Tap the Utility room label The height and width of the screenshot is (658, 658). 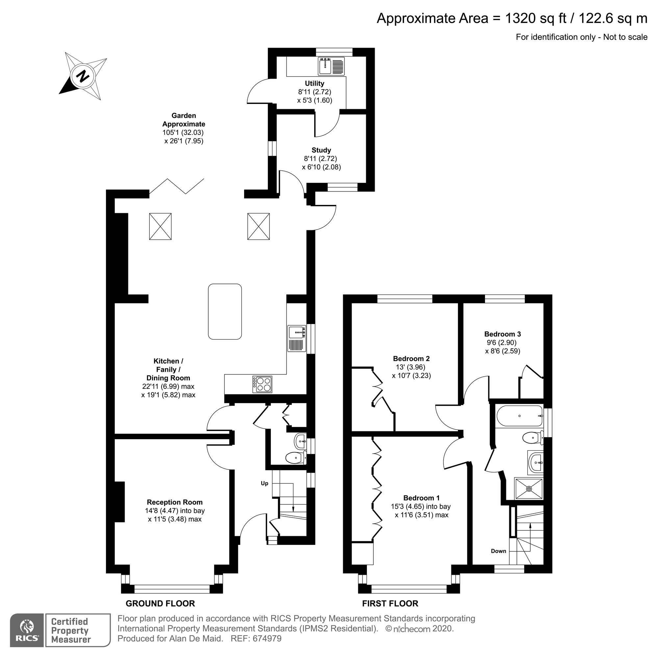(x=314, y=84)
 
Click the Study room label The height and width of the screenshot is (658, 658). (x=321, y=150)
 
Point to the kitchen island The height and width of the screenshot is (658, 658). (x=225, y=312)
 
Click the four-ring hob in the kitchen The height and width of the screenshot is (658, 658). (x=262, y=384)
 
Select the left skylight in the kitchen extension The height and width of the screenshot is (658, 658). (x=160, y=226)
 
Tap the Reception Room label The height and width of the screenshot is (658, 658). (x=175, y=502)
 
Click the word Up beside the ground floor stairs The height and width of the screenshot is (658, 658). (x=264, y=483)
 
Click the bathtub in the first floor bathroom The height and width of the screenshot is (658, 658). (x=519, y=416)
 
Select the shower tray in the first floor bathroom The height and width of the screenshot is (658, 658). (x=529, y=489)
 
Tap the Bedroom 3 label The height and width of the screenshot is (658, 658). (x=502, y=334)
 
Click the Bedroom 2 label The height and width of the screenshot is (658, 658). (x=411, y=359)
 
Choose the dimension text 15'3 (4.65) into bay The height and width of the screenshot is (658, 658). (x=420, y=506)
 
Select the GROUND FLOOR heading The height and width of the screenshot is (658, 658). (x=160, y=603)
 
